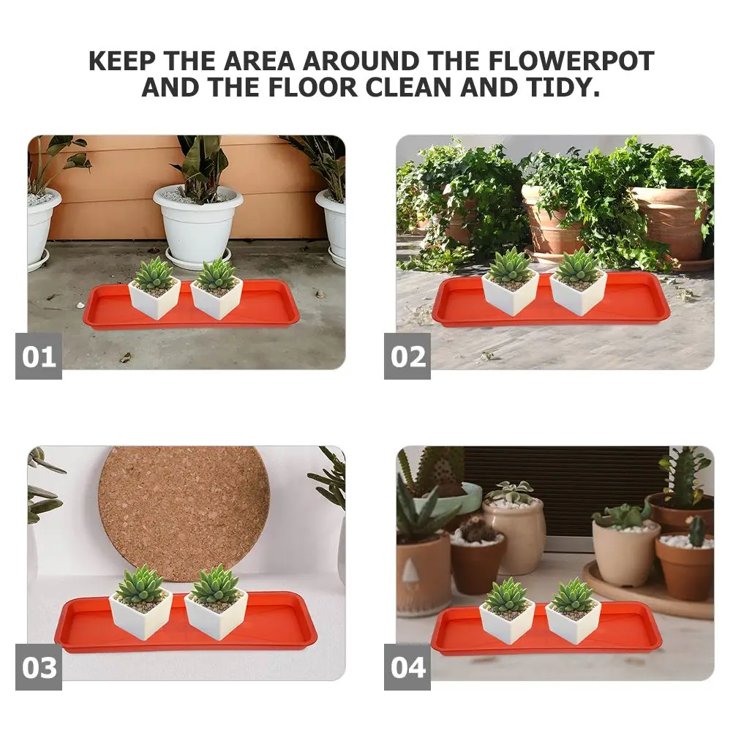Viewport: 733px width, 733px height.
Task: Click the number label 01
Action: (39, 356)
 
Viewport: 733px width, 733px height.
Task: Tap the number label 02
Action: (407, 356)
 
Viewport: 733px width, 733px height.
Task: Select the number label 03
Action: (39, 667)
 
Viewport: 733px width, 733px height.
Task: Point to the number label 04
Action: (407, 667)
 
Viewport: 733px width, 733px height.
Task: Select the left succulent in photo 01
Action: (154, 274)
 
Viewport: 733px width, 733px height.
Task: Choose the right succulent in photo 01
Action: (217, 274)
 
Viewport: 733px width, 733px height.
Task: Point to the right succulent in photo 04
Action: (573, 595)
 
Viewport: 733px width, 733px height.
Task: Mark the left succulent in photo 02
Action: (510, 265)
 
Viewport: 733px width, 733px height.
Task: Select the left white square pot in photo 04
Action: (506, 625)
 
